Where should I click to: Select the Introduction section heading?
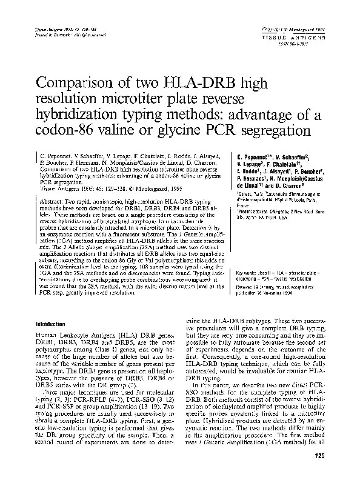pos(53,324)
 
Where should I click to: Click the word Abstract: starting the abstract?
pos(52,200)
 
